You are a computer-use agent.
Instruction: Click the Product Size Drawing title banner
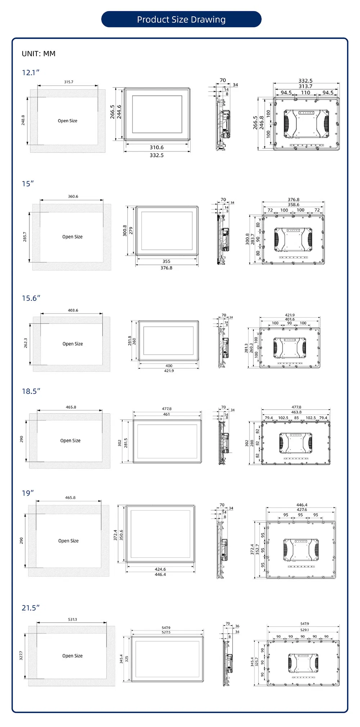pos(181,19)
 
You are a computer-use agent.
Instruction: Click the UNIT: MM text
pos(39,54)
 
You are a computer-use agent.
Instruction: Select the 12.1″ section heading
pos(31,73)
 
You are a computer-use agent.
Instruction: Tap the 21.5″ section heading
pos(31,608)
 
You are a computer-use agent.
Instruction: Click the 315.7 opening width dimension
pos(68,82)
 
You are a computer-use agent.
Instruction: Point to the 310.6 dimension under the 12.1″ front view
pos(157,147)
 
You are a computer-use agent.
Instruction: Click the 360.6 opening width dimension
pos(73,197)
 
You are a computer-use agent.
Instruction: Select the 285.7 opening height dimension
pos(25,237)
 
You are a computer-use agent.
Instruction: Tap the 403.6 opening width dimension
pos(73,310)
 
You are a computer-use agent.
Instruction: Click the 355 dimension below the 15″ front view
pos(166,261)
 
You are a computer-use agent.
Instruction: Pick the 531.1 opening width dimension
pos(72,619)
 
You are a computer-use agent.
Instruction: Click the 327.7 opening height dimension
pos(21,655)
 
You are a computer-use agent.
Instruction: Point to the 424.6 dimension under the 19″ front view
pos(160,569)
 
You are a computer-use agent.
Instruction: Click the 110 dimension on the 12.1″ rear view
pos(306,92)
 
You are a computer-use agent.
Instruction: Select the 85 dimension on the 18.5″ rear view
pos(296,418)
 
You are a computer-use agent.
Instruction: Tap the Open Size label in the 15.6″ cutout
pos(73,344)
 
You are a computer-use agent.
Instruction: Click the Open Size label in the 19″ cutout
pos(68,541)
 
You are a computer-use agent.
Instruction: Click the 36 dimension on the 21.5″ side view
pos(237,626)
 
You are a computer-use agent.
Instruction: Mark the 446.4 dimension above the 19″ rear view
pos(302,505)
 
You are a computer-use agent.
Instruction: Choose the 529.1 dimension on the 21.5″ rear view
pos(305,630)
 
